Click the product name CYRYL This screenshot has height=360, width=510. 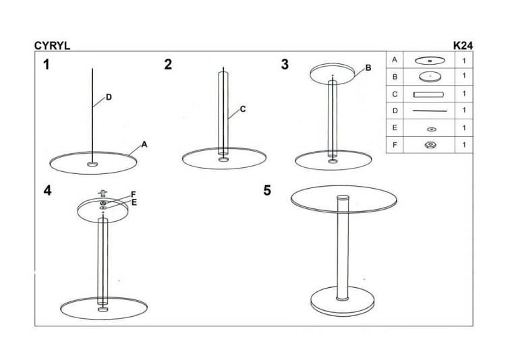pyautogui.click(x=52, y=46)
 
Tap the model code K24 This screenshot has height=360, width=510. pyautogui.click(x=463, y=46)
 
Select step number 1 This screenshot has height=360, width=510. pyautogui.click(x=47, y=64)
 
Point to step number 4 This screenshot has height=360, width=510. pyautogui.click(x=47, y=190)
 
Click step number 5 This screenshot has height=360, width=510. pyautogui.click(x=267, y=190)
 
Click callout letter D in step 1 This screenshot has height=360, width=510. pyautogui.click(x=109, y=97)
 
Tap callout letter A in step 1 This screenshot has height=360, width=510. pyautogui.click(x=144, y=144)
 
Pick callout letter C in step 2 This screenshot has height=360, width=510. pyautogui.click(x=243, y=109)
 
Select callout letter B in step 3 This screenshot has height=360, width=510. pyautogui.click(x=368, y=68)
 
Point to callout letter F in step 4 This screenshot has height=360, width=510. pyautogui.click(x=134, y=195)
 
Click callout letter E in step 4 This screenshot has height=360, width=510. pyautogui.click(x=134, y=203)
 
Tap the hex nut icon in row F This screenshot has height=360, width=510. pyautogui.click(x=430, y=144)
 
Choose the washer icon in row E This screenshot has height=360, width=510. pyautogui.click(x=431, y=129)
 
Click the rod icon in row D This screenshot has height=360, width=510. pyautogui.click(x=430, y=111)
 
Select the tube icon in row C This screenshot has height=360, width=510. pyautogui.click(x=428, y=94)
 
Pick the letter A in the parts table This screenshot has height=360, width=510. pyautogui.click(x=395, y=60)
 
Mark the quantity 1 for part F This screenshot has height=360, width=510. pyautogui.click(x=464, y=144)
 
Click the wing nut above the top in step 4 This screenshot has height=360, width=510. pyautogui.click(x=103, y=193)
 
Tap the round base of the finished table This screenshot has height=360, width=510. pyautogui.click(x=342, y=301)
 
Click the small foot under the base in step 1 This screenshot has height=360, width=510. pyautogui.click(x=92, y=164)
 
